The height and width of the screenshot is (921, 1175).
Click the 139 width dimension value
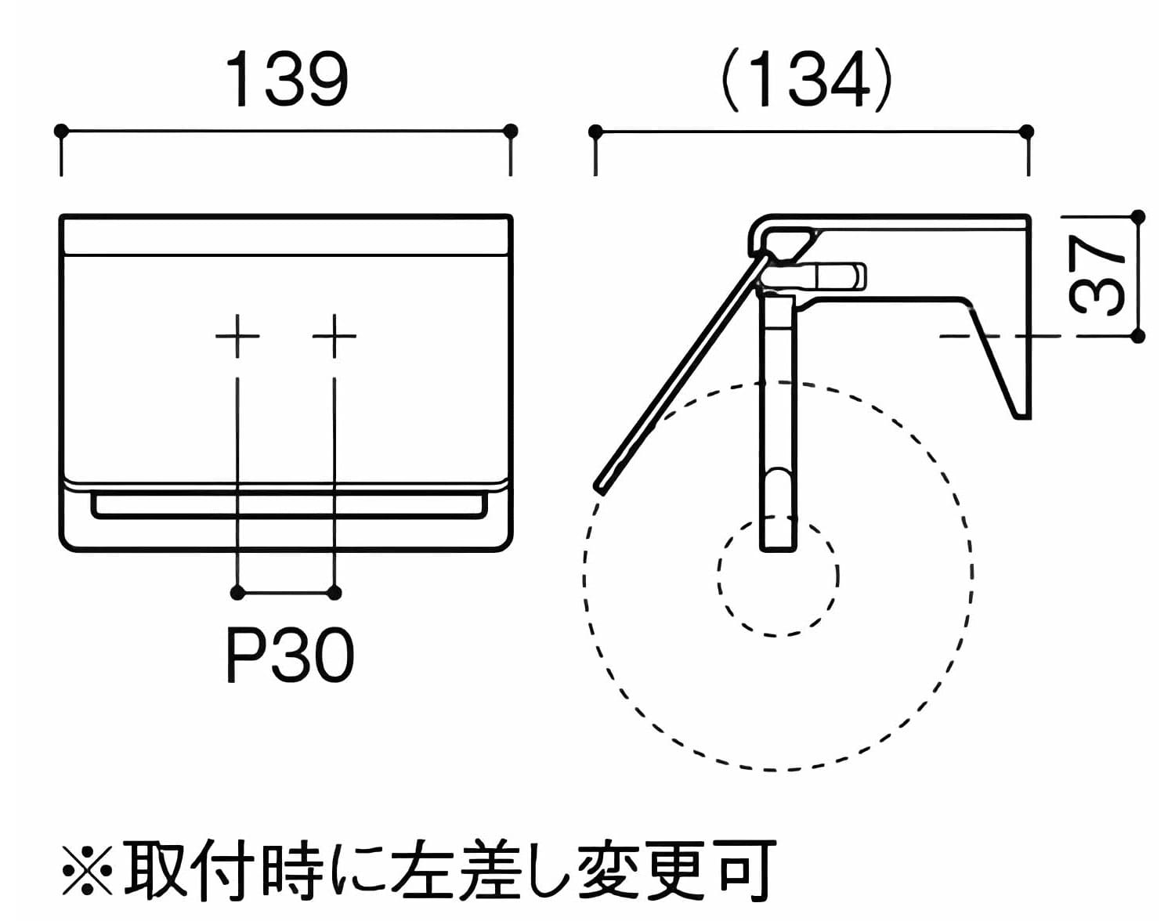[x=287, y=81]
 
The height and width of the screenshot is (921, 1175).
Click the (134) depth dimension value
[x=806, y=81]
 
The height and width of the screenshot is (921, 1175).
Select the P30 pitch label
[x=290, y=656]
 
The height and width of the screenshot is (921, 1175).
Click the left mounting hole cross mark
[x=237, y=336]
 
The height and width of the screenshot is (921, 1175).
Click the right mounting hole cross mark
[x=334, y=336]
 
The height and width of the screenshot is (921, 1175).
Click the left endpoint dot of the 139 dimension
[x=61, y=131]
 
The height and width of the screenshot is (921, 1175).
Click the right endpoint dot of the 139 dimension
[x=511, y=131]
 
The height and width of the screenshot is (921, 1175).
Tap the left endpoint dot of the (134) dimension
[x=595, y=132]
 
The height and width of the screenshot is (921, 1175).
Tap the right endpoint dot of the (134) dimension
[x=1028, y=132]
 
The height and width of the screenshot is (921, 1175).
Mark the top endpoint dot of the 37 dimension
[x=1139, y=216]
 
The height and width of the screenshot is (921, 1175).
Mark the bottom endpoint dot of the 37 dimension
[x=1139, y=336]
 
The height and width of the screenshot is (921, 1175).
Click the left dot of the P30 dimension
[x=237, y=593]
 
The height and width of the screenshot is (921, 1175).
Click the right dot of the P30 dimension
[x=334, y=593]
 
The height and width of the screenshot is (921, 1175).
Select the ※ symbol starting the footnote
[x=87, y=869]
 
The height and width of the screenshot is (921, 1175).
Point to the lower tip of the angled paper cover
[x=602, y=486]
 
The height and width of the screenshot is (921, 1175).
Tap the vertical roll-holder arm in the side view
[x=778, y=423]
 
